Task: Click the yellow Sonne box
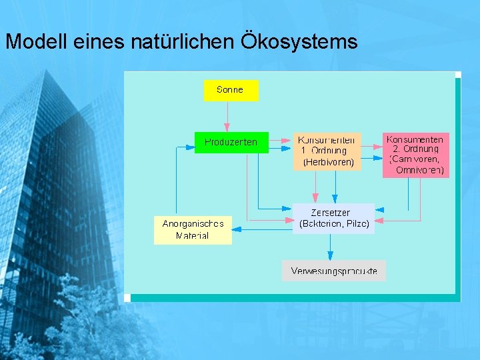pos(231,90)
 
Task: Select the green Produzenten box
pos(231,143)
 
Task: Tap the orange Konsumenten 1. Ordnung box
pos(327,151)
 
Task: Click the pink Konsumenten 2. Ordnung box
pos(415,155)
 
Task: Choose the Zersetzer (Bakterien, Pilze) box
pos(333,218)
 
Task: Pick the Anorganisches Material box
pos(193,229)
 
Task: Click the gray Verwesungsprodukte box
pos(333,271)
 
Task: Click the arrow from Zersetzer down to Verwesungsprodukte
pos(330,246)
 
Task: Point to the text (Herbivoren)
pos(328,162)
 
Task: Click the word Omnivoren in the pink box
pos(419,170)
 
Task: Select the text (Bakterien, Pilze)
pos(334,224)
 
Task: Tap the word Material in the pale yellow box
pos(192,235)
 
